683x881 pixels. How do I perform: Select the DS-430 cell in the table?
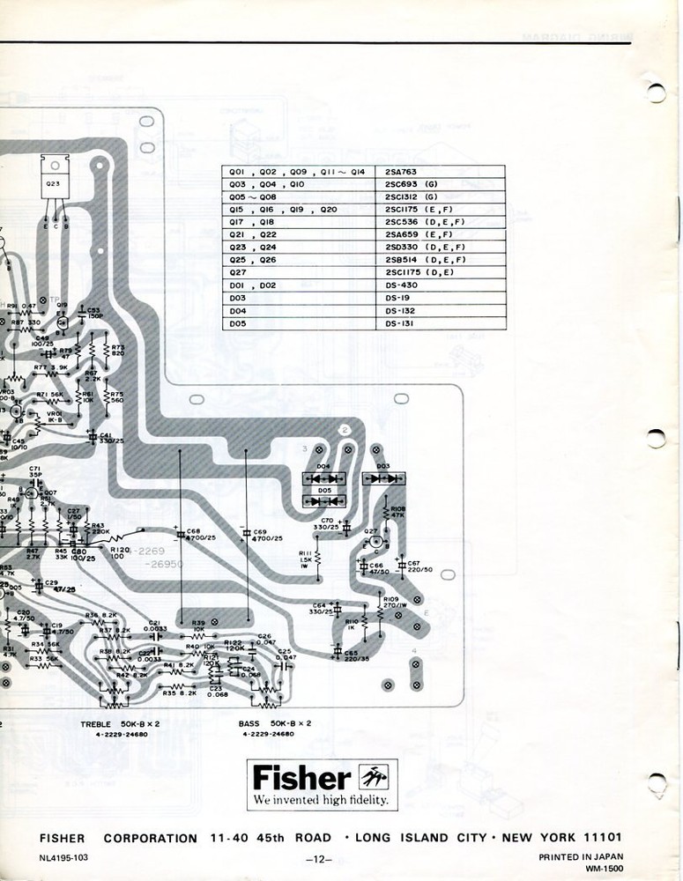point(401,285)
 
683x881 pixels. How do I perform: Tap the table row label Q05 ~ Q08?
point(254,198)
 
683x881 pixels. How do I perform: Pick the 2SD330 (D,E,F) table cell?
point(425,248)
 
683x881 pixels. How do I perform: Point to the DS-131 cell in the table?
point(401,324)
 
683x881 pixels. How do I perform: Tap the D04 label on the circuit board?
point(323,466)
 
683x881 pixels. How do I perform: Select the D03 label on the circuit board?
point(383,465)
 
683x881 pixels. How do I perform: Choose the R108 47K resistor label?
point(397,512)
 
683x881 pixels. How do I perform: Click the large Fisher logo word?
point(301,779)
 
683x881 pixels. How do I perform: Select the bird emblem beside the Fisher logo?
point(377,777)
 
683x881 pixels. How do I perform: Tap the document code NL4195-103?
point(64,857)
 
